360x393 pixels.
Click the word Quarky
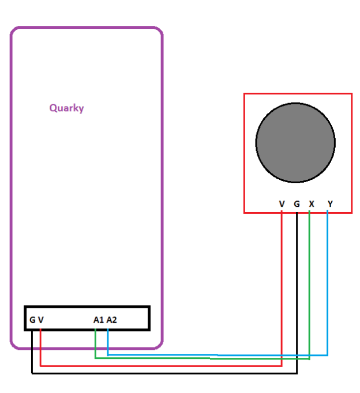coord(66,108)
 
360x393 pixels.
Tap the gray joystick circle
coord(295,142)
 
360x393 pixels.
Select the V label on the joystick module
coord(282,204)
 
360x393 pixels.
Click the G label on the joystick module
coord(297,204)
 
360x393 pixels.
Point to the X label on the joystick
coord(312,204)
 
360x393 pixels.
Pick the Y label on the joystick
coord(330,204)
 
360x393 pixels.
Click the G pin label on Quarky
coord(32,319)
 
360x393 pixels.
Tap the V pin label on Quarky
coord(41,319)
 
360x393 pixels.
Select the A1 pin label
coord(99,319)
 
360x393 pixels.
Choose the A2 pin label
coord(112,319)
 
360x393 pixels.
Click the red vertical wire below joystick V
coord(281,288)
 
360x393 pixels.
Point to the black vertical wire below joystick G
coord(297,288)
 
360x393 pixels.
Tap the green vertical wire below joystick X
coord(310,288)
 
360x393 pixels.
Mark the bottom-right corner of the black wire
coord(297,373)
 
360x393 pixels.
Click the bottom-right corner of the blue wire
coord(328,355)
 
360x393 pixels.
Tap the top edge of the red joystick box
coord(298,94)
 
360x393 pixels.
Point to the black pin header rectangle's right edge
coord(149,318)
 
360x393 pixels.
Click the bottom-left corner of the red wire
coord(40,365)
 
